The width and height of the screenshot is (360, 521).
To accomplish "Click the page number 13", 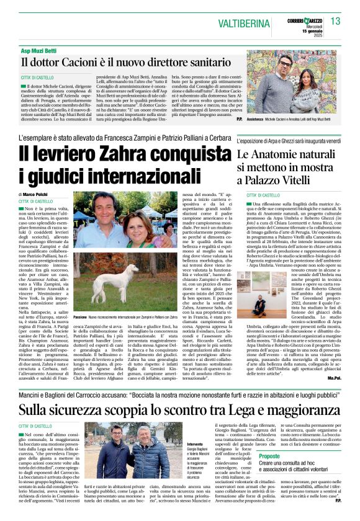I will [336, 22].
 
